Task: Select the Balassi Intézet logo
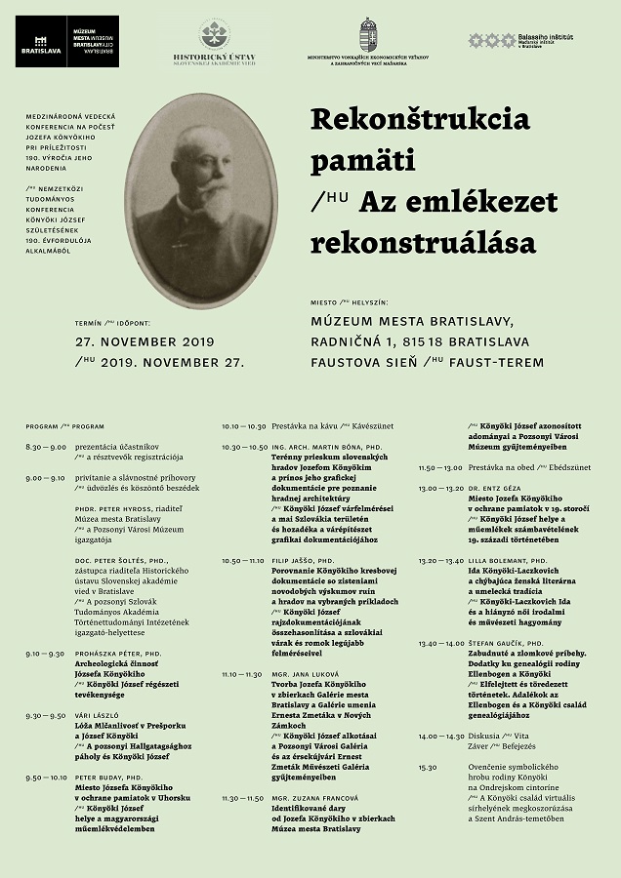click(479, 40)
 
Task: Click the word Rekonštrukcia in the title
click(420, 120)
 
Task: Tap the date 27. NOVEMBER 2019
click(145, 342)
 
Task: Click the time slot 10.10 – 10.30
click(244, 426)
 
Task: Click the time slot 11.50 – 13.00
click(440, 467)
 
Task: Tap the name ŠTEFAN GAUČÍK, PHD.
click(505, 644)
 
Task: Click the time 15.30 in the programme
click(428, 767)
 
